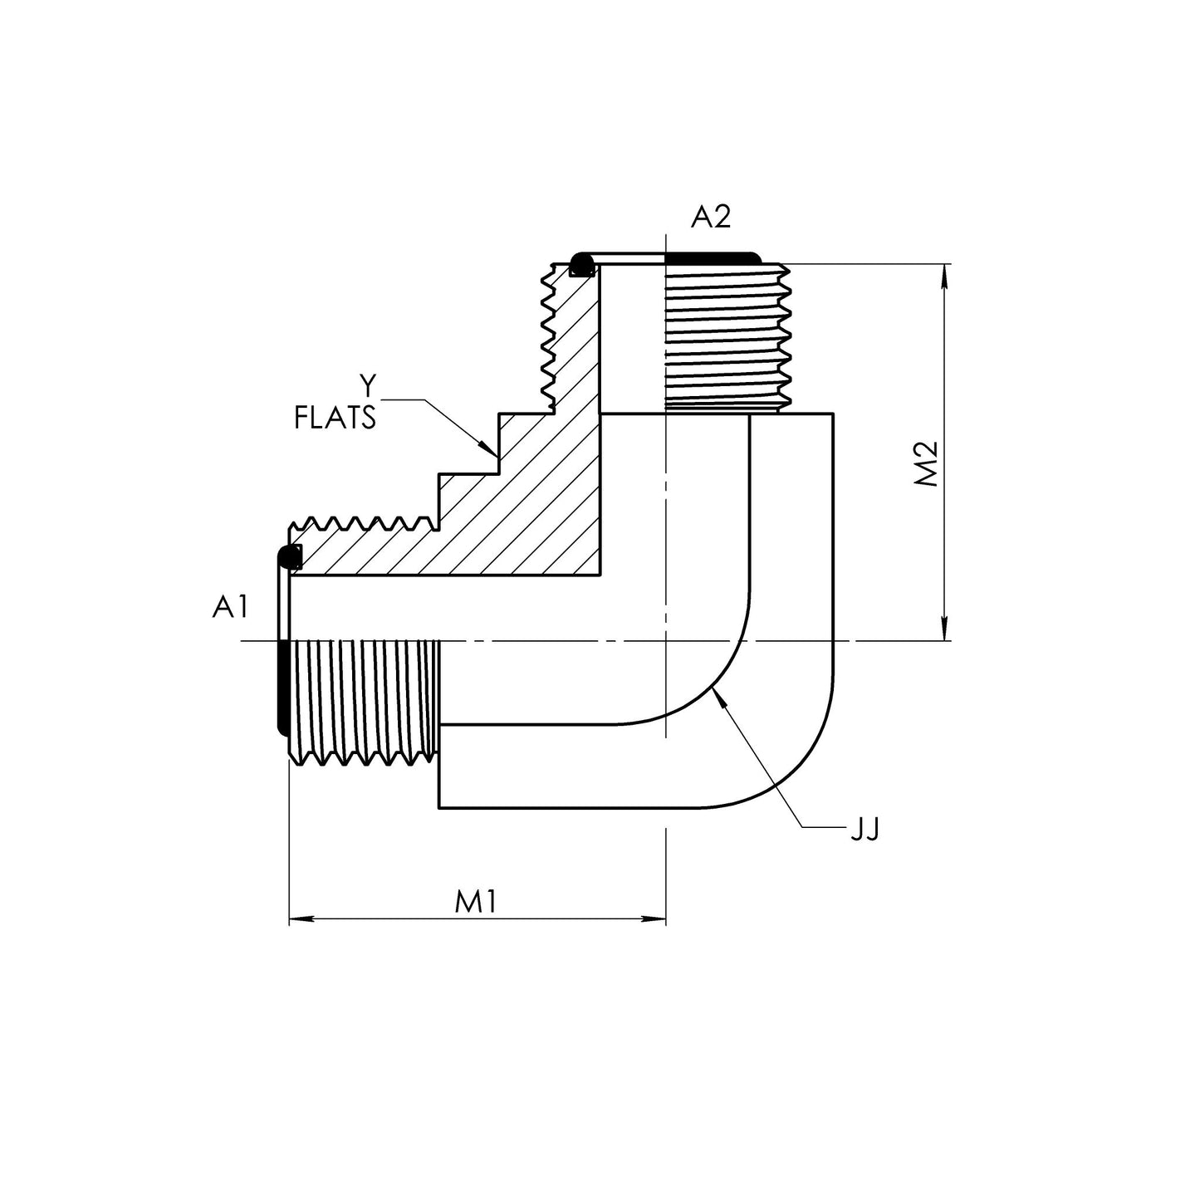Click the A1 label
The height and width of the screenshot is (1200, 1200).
click(x=230, y=608)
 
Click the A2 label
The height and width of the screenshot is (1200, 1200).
click(x=711, y=217)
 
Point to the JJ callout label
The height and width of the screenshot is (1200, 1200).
click(x=864, y=829)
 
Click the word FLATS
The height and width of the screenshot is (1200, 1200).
click(x=335, y=418)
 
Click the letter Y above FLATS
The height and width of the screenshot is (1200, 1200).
click(x=367, y=385)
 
